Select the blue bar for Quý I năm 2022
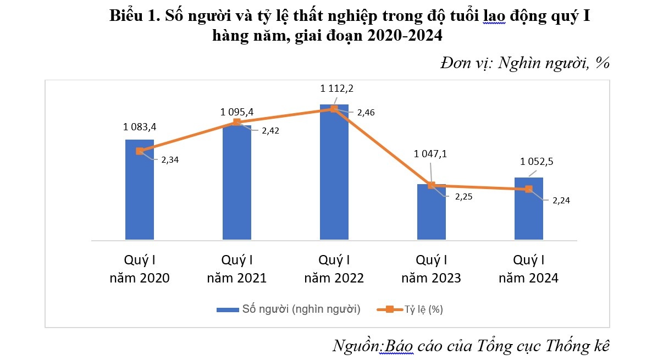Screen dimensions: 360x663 pyautogui.click(x=334, y=176)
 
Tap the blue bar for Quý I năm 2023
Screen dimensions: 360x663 pyautogui.click(x=432, y=214)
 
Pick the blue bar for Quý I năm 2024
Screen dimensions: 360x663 pyautogui.click(x=529, y=212)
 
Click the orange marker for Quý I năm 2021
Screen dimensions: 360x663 pyautogui.click(x=237, y=122)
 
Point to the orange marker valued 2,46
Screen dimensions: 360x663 pyautogui.click(x=334, y=109)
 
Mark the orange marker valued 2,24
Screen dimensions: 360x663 pyautogui.click(x=529, y=189)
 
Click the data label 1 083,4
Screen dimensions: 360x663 pyautogui.click(x=140, y=127)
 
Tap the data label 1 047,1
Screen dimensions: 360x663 pyautogui.click(x=431, y=154)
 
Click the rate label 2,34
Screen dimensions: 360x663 pyautogui.click(x=170, y=160)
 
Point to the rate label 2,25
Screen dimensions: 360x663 pyautogui.click(x=463, y=197)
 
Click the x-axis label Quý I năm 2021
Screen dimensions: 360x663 pyautogui.click(x=237, y=269)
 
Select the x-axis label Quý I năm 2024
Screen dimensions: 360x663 pyautogui.click(x=529, y=269)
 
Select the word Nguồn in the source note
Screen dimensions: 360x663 pyautogui.click(x=356, y=346)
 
